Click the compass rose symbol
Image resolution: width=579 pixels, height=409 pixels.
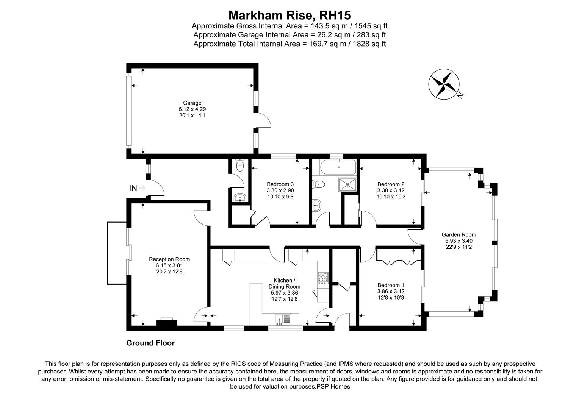pos(444,84)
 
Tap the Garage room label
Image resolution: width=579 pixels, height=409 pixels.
pos(192,103)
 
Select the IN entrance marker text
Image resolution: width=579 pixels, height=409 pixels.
pos(133,188)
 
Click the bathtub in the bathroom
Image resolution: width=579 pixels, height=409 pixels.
pos(338,167)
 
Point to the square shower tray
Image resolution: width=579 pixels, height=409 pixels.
pos(347,184)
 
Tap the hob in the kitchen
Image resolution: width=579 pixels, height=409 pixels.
pos(323,278)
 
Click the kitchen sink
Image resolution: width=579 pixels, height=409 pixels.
pos(283,319)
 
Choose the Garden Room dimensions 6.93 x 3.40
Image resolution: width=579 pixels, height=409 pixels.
pos(459,241)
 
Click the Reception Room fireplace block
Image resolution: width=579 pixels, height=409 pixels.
pos(167,323)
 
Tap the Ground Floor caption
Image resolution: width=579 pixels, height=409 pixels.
pos(150,343)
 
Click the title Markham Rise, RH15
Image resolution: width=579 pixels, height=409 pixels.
pos(289,15)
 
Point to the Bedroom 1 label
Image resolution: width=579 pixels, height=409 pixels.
pos(391,285)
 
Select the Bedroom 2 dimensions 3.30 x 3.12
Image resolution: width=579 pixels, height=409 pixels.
pos(391,190)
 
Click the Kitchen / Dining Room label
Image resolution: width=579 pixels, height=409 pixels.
pos(284,283)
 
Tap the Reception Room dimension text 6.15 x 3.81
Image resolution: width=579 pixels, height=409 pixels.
pos(169,265)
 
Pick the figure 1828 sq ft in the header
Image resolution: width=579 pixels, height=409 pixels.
pos(369,44)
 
